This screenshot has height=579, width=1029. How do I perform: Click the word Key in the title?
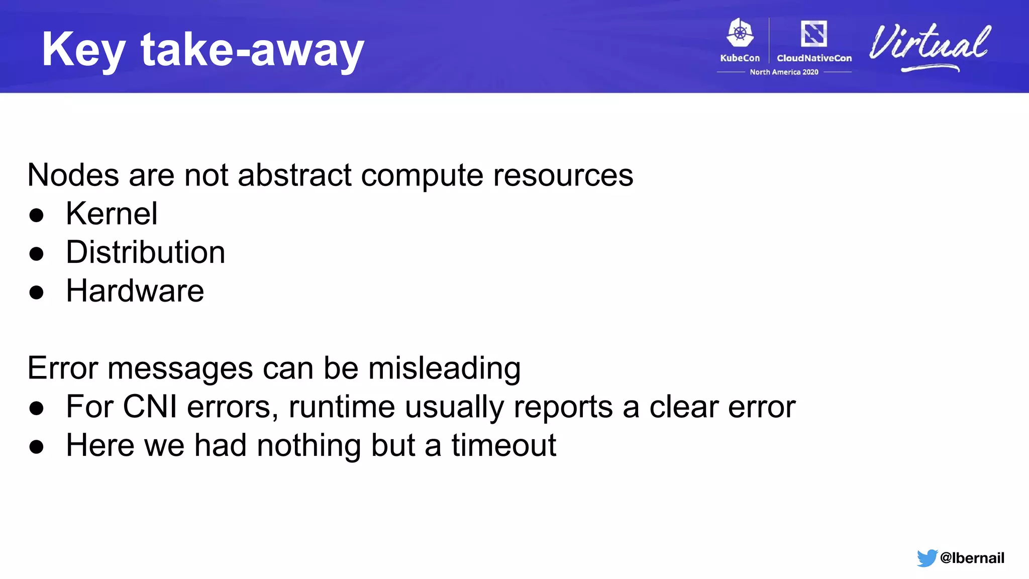(83, 50)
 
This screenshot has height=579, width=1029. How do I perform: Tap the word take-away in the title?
(252, 50)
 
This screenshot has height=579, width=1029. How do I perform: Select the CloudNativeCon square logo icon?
(813, 34)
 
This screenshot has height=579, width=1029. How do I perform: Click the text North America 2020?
(784, 72)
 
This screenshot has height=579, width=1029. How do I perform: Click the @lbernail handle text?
(972, 558)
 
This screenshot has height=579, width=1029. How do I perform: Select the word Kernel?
(112, 214)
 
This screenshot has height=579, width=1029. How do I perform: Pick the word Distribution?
(145, 252)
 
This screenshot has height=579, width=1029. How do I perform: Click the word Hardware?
(135, 291)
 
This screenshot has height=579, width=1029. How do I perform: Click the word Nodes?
(73, 175)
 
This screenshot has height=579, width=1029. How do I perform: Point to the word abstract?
(294, 175)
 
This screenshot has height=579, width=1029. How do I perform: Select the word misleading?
(444, 368)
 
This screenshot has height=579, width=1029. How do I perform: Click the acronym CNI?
(150, 407)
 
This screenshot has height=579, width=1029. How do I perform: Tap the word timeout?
(503, 445)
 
